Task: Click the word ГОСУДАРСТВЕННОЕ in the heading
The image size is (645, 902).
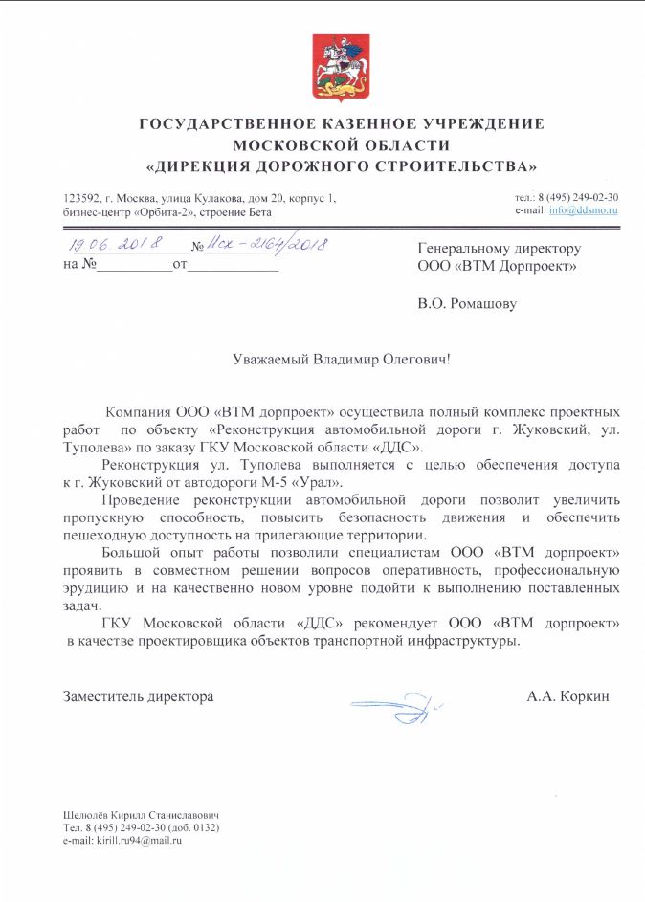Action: pyautogui.click(x=229, y=124)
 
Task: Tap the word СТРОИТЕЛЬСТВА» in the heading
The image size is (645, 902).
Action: pyautogui.click(x=459, y=165)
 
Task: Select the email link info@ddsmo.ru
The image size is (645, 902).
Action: pyautogui.click(x=590, y=209)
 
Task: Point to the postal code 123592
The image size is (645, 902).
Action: pyautogui.click(x=79, y=197)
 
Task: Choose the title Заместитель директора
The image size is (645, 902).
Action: pyautogui.click(x=138, y=696)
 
